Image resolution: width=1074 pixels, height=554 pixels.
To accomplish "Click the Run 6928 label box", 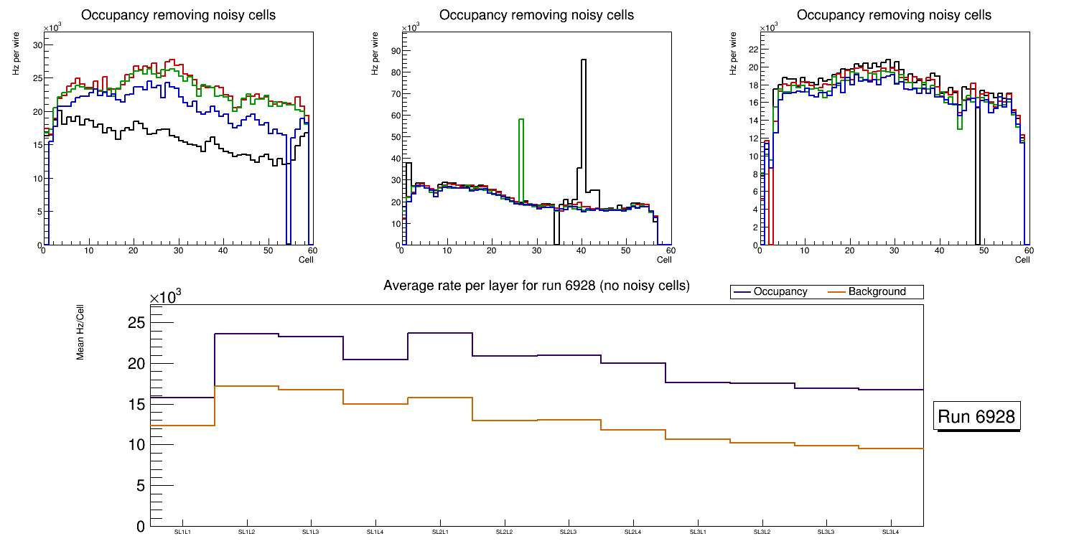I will tap(976, 417).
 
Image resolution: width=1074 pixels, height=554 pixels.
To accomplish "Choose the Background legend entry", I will tap(877, 292).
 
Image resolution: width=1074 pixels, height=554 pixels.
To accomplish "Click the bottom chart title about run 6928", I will tap(536, 286).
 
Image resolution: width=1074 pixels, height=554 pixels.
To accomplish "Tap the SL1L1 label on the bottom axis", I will tap(182, 532).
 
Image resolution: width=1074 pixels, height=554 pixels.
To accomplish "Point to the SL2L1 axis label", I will tap(440, 532).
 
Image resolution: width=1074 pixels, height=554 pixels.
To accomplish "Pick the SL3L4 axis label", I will tap(891, 532).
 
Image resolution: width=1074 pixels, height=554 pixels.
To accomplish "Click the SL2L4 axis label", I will tap(633, 532).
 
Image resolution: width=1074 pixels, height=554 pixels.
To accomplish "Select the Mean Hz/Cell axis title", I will tap(81, 331).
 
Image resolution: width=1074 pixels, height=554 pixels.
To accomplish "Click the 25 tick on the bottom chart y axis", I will tap(136, 323).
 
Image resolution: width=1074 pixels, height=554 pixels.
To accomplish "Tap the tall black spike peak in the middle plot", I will tap(584, 61).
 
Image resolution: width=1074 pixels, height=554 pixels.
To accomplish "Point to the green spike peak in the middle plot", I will tap(521, 120).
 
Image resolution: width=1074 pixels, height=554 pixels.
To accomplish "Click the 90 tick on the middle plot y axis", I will tap(393, 50).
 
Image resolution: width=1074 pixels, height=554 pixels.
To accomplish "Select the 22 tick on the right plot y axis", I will tap(752, 50).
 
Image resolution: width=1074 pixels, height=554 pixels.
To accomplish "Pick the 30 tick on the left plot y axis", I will tap(37, 45).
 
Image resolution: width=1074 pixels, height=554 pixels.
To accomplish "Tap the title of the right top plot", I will tap(895, 15).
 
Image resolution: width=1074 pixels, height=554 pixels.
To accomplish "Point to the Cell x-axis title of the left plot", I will tap(306, 260).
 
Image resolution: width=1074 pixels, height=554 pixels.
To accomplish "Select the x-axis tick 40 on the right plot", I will tap(939, 251).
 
